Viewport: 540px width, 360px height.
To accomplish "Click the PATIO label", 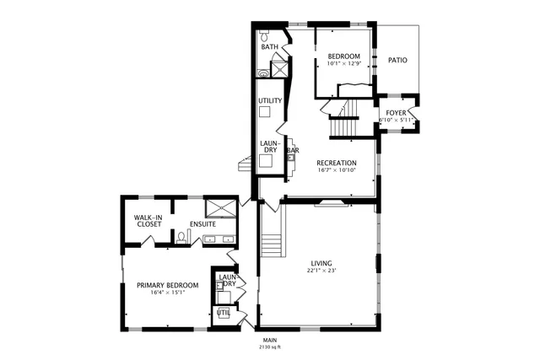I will click(397, 61).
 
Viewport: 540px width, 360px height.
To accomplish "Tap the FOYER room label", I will click(397, 112).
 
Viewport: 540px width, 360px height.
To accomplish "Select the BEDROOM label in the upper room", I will click(343, 56).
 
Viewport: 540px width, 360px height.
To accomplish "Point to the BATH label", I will click(269, 47).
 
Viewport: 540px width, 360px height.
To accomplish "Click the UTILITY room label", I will click(270, 101).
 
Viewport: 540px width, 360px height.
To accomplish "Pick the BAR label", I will click(293, 151).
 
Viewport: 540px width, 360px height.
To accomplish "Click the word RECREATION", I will click(337, 163).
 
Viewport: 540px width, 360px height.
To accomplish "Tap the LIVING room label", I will click(321, 262).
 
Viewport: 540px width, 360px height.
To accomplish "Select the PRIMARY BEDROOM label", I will click(167, 285).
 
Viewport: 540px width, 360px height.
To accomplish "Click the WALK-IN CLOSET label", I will click(148, 221).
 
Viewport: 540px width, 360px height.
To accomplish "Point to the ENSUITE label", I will click(202, 224).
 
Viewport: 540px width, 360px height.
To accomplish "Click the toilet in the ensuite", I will click(181, 237).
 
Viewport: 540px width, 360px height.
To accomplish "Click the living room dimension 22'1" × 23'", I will click(321, 271).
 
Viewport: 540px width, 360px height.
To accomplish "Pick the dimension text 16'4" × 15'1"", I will click(167, 293).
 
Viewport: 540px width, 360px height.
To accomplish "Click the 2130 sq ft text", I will click(270, 347).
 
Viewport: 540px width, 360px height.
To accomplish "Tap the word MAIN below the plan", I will click(270, 340).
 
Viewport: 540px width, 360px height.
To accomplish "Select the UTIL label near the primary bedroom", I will click(224, 313).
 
